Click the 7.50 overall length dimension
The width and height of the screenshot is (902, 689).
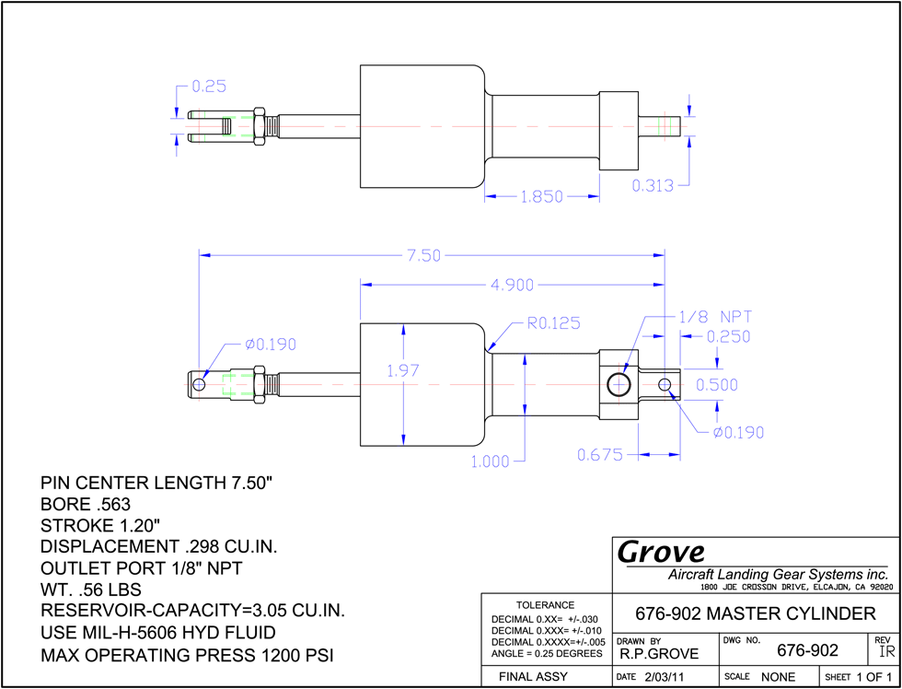[424, 255]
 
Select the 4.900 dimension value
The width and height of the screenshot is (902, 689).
[512, 285]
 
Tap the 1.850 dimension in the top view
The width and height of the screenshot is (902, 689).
[542, 197]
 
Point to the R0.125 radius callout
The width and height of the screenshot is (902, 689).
[553, 323]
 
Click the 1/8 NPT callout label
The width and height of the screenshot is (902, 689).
[712, 317]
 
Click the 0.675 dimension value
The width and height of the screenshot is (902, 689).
[600, 455]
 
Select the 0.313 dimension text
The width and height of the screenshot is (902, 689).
[653, 185]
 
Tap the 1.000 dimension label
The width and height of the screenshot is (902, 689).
[490, 461]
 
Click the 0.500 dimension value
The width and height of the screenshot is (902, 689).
[717, 384]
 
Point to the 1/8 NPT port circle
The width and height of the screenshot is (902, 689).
[619, 384]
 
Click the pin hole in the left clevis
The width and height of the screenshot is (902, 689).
[199, 384]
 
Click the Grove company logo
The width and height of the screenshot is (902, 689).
[661, 552]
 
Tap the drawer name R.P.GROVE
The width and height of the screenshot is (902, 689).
[659, 653]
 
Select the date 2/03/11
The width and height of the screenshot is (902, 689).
[664, 677]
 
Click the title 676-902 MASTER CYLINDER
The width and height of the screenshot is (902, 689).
[756, 613]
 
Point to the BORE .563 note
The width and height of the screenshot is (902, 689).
[86, 504]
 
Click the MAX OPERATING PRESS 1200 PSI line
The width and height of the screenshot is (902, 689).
[187, 655]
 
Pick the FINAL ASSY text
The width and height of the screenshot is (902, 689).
[533, 676]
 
